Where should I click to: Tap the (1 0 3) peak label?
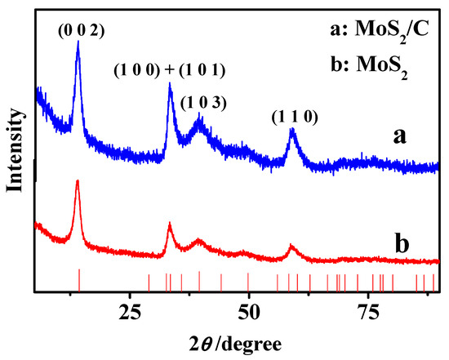point(198,102)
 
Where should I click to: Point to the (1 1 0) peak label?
point(292,118)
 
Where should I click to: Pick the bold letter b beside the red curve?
point(400,243)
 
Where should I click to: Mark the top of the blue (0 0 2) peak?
point(78,43)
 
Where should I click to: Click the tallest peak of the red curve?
point(77,180)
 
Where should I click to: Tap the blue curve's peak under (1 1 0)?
point(293,131)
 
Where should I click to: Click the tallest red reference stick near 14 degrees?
point(78,278)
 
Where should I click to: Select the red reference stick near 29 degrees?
point(149,282)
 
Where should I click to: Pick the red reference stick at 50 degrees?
point(248,282)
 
